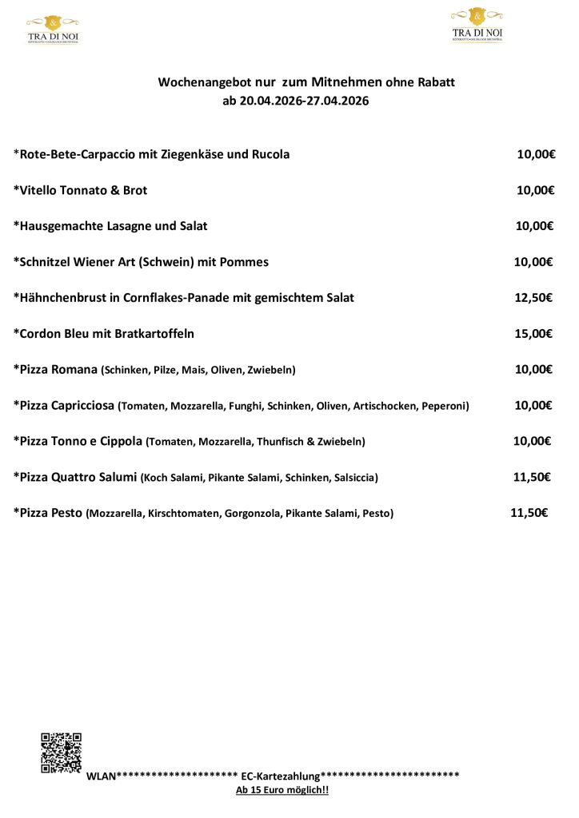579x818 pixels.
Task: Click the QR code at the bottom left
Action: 62,752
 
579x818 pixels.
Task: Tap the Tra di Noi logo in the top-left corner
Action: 53,29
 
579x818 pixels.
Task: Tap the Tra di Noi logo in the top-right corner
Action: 477,25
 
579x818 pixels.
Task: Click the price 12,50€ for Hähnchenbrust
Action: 533,298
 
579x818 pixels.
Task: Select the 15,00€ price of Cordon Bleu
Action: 533,334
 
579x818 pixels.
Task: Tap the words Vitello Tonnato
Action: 61,190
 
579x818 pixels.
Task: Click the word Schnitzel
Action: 46,262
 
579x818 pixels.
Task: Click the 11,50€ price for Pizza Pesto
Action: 529,513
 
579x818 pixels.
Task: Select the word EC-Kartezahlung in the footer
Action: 281,776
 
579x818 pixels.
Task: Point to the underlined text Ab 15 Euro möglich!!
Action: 282,790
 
